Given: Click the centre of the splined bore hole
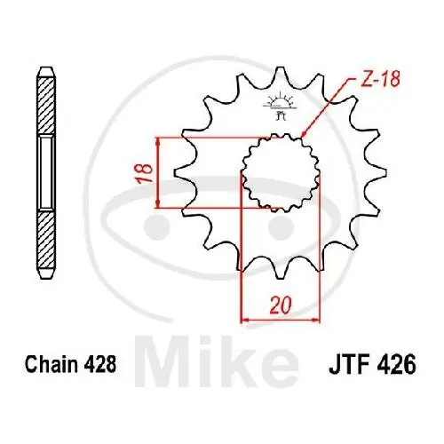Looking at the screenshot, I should pyautogui.click(x=277, y=174).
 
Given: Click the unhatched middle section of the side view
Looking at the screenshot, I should pyautogui.click(x=45, y=173).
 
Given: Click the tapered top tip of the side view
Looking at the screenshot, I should pyautogui.click(x=45, y=70).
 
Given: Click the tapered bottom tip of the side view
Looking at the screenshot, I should pyautogui.click(x=45, y=275).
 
